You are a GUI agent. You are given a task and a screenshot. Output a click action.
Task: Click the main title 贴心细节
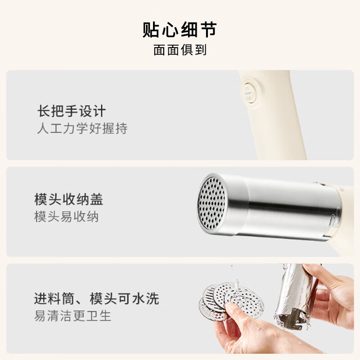pos(180,29)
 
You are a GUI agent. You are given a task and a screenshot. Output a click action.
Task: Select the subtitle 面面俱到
pos(180,50)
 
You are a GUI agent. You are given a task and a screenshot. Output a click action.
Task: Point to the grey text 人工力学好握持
pos(82,129)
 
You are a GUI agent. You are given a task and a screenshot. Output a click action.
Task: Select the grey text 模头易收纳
pos(66,217)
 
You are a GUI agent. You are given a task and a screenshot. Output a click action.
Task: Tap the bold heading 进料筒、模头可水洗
pos(96,298)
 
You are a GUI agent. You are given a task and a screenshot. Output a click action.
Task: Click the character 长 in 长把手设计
pos(43,111)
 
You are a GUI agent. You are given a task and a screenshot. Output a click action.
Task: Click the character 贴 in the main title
pos(152,29)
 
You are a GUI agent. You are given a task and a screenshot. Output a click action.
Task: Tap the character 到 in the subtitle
pos(200,50)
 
